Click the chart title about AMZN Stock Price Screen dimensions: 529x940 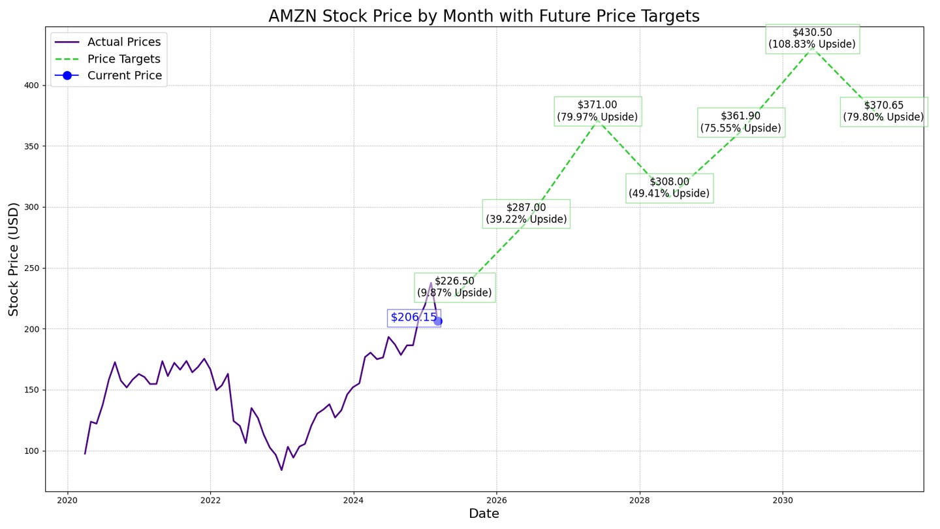tap(484, 16)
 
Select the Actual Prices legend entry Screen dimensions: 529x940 tap(123, 42)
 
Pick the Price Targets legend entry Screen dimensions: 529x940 tap(123, 59)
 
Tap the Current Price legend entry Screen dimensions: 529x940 tap(124, 76)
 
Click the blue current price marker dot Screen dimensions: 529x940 tap(438, 321)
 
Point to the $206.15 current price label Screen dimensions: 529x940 tap(414, 318)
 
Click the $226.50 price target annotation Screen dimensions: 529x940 tap(455, 287)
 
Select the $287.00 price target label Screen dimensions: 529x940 tap(526, 214)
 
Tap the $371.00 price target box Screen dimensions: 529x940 tap(597, 111)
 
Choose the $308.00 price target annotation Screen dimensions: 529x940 tap(669, 188)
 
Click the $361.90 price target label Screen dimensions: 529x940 tap(741, 122)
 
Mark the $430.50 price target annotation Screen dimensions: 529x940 tap(812, 39)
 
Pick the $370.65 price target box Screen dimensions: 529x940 tap(883, 112)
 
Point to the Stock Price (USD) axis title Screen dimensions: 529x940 tap(14, 259)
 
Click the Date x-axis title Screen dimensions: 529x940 tap(484, 515)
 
